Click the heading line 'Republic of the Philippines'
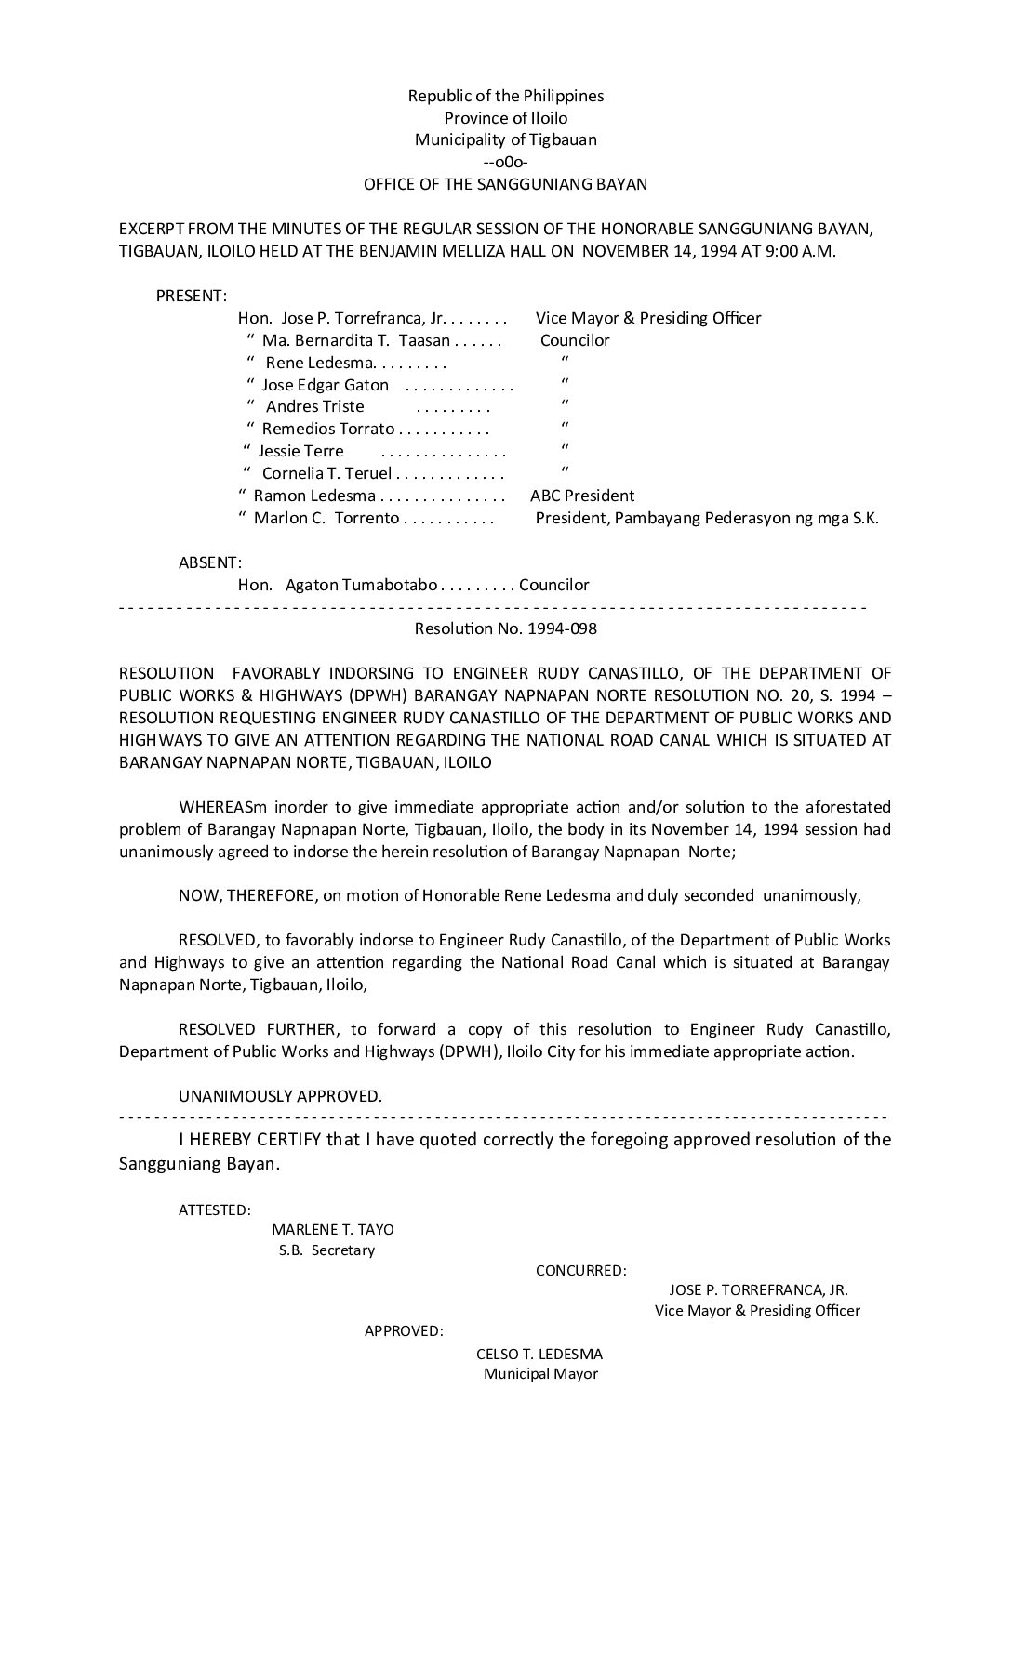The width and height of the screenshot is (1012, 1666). point(506,96)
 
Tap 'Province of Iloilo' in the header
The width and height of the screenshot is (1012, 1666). point(506,118)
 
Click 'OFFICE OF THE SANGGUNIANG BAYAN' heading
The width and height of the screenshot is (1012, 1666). point(506,184)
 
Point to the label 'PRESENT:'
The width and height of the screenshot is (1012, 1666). point(191,296)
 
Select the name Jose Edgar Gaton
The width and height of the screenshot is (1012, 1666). point(326,385)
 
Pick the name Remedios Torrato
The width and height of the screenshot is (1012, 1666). point(328,429)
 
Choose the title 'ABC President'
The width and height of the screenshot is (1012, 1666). point(582,496)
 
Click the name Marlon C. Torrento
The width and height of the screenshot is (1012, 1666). point(326,518)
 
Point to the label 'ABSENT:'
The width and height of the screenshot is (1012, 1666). point(210,562)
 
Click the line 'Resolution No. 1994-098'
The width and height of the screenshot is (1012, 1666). point(506,628)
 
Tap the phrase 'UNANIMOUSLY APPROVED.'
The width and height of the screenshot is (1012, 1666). point(280,1096)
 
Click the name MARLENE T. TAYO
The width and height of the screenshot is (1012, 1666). point(333,1229)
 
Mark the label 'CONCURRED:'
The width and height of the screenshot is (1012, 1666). point(581,1270)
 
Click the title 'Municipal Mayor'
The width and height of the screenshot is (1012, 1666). point(540,1374)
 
